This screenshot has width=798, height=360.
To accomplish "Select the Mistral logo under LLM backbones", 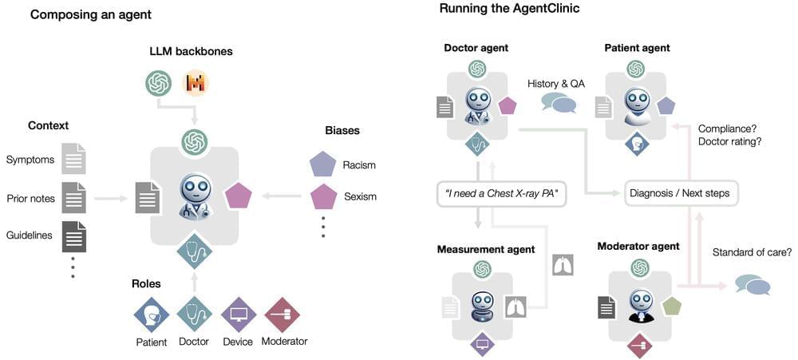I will point(196,82).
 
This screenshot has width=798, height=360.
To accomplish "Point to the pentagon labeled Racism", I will point(322,165).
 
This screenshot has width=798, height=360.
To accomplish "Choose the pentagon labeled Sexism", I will point(322,196).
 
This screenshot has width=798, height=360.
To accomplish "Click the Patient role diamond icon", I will point(151,315).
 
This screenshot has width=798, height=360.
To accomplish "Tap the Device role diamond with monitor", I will point(238,315).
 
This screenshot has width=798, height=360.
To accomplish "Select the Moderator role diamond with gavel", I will point(282,315).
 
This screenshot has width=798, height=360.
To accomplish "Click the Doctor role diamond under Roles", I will point(194,315).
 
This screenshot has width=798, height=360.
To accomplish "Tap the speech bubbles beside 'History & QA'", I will point(558,103).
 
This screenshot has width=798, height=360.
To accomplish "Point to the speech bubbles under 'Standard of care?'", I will point(753,285).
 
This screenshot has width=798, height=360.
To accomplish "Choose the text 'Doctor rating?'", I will point(730,141).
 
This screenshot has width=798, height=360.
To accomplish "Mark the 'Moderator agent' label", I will point(638,246).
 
